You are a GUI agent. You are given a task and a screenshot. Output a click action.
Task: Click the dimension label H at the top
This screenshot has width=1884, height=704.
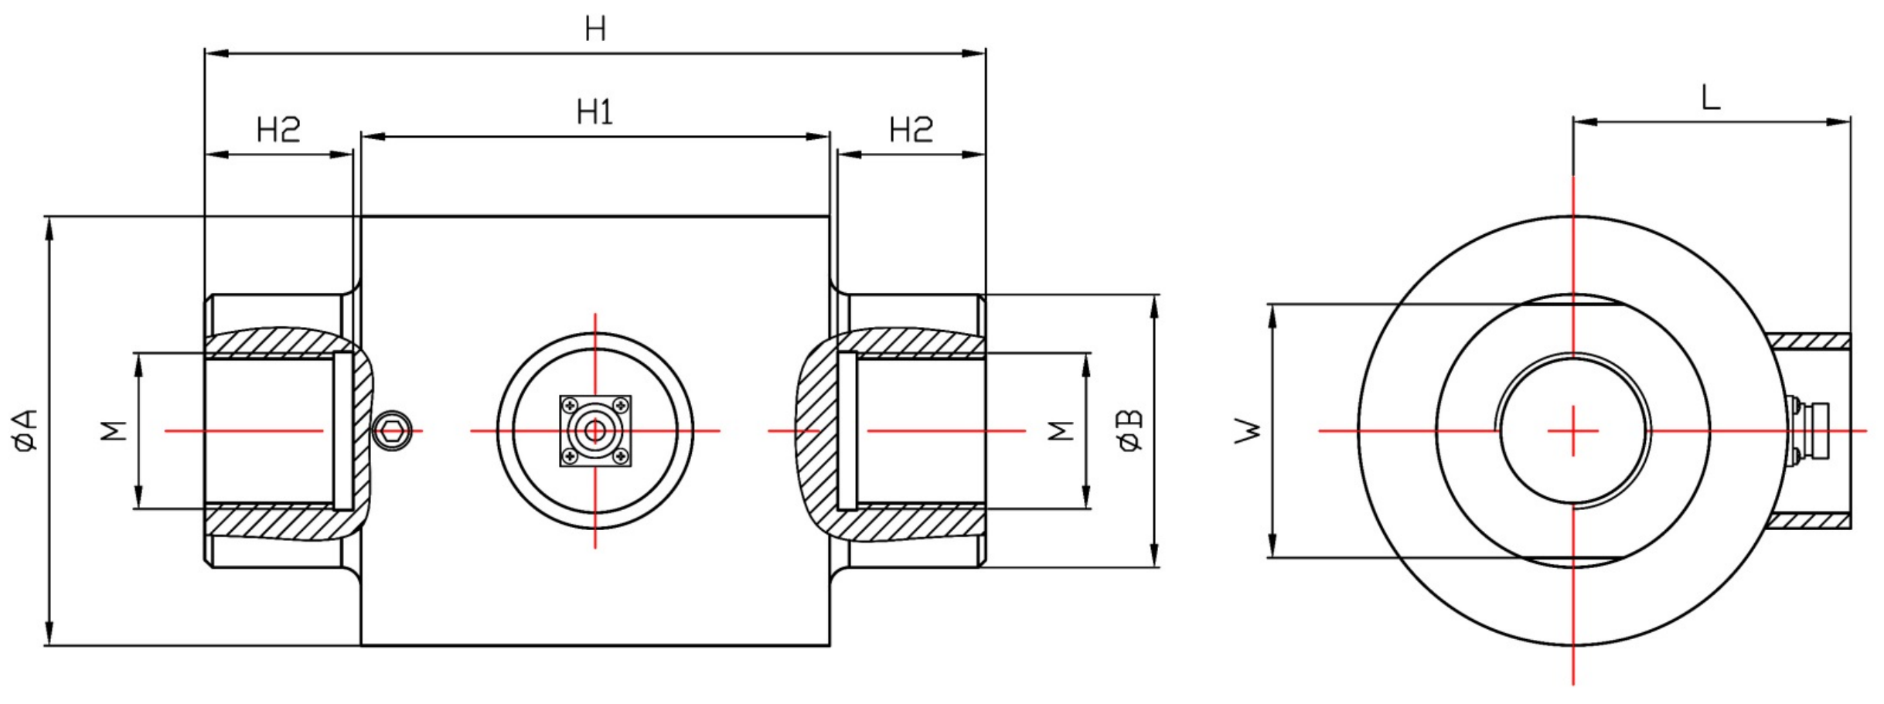[x=594, y=29]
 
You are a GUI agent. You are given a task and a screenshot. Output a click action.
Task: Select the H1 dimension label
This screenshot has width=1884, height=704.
[x=594, y=113]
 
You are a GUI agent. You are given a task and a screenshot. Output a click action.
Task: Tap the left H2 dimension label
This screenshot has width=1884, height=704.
[x=278, y=130]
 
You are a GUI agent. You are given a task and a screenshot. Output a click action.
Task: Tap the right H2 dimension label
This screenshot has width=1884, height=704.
[x=911, y=130]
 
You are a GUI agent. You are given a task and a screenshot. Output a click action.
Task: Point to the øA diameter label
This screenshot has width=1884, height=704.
[x=26, y=430]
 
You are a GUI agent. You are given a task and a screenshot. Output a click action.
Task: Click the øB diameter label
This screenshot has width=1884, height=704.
[x=1130, y=430]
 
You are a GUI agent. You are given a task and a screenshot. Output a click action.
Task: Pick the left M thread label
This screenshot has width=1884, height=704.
[x=114, y=430]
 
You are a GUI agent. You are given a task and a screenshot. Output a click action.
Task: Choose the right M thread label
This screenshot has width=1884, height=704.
[x=1061, y=430]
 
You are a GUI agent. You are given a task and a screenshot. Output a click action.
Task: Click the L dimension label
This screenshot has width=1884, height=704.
[x=1710, y=98]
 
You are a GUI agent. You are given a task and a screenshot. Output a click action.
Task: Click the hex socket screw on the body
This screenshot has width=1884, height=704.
[x=392, y=430]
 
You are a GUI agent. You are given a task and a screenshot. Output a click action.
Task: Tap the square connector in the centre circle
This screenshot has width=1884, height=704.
[x=594, y=430]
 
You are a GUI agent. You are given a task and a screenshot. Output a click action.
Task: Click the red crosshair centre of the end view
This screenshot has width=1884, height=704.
[x=1572, y=430]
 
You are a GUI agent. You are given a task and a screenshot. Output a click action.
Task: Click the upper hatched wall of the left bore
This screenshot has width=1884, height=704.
[x=278, y=343]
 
